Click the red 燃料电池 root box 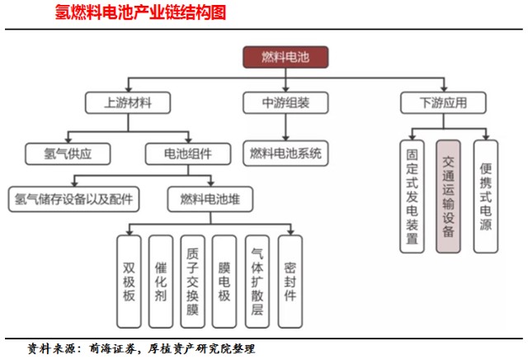tap(285, 56)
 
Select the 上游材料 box tap(126, 103)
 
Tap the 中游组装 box tap(285, 103)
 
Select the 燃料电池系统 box tap(285, 153)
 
